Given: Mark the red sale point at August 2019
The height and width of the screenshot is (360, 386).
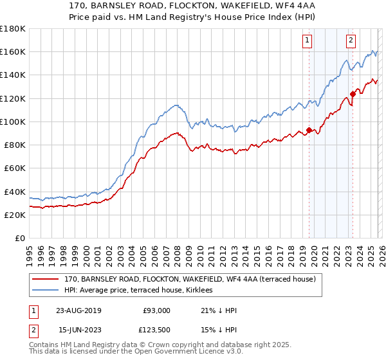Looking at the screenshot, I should [309, 130].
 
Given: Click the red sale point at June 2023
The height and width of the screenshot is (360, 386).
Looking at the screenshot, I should [353, 94].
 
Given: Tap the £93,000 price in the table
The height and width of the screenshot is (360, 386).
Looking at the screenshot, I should [157, 310].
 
